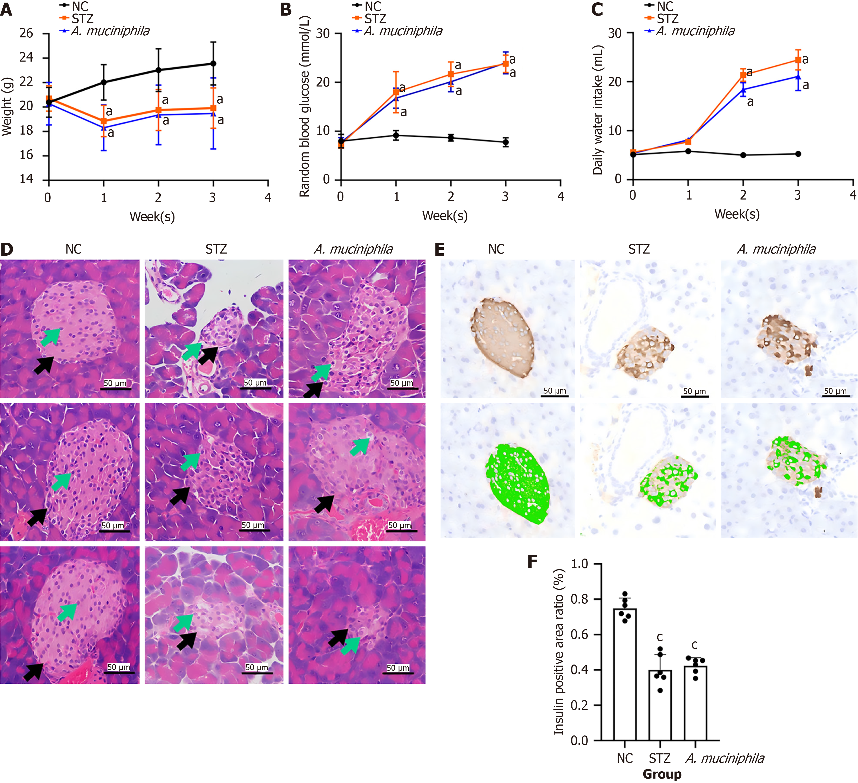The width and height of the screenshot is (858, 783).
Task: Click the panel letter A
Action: tap(6, 9)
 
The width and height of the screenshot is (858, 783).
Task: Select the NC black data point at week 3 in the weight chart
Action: tap(213, 63)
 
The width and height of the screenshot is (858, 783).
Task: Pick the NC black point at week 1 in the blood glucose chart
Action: tap(396, 135)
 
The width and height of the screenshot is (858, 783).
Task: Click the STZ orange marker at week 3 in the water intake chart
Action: tap(798, 60)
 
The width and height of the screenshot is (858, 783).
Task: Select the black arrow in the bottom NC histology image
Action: tap(33, 671)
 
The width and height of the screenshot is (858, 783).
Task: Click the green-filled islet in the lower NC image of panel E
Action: tap(517, 483)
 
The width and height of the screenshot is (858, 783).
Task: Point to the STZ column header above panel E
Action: tap(639, 249)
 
